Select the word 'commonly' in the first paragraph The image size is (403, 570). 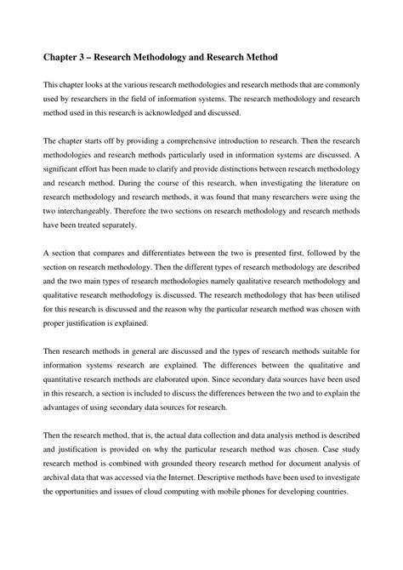coord(338,88)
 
